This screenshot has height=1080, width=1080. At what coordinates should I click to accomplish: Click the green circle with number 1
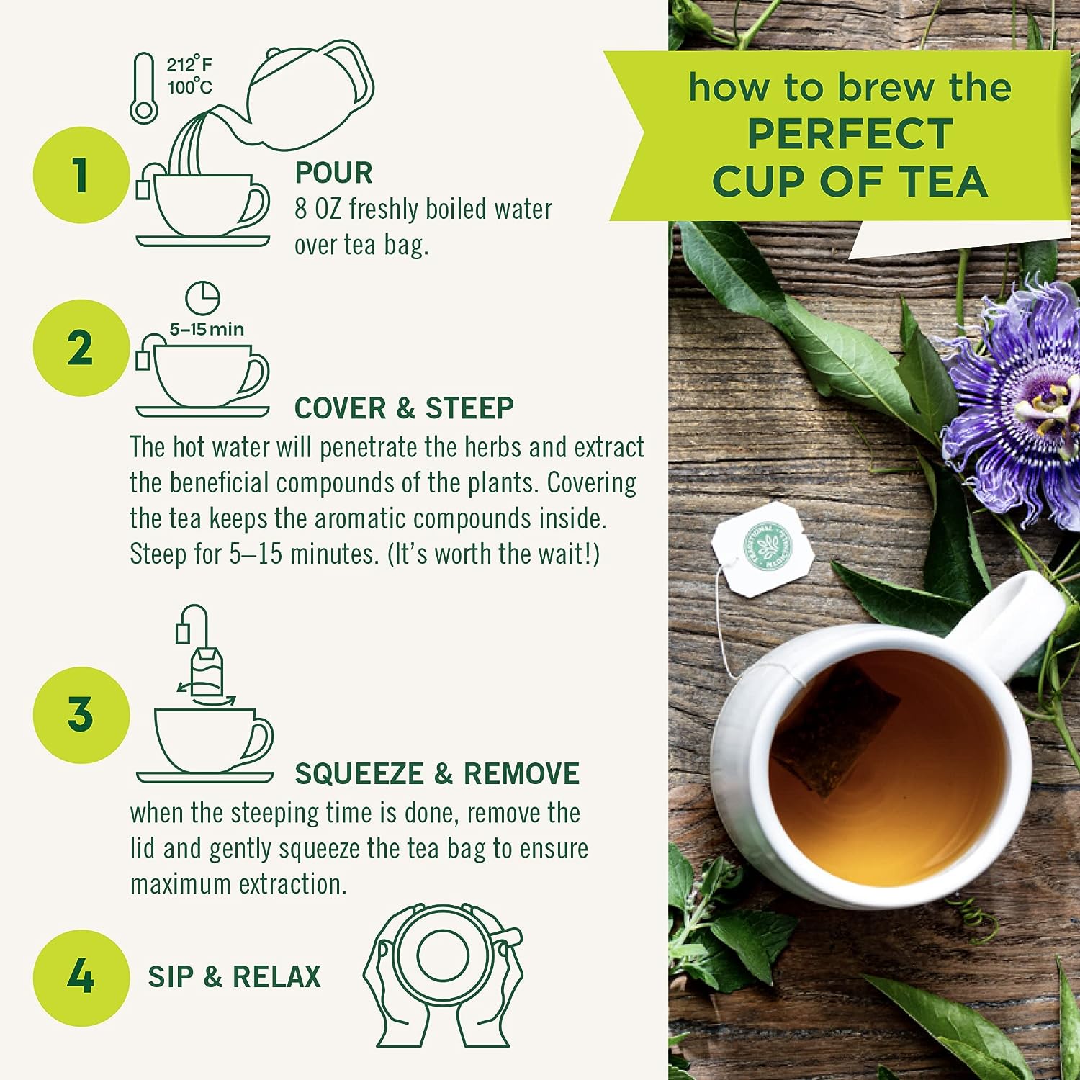point(81,175)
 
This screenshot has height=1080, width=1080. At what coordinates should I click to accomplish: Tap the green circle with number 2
point(81,348)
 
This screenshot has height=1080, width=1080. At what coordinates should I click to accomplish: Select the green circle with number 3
point(81,714)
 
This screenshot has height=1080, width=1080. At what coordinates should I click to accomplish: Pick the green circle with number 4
point(81,977)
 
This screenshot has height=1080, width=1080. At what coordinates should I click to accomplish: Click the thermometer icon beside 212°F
point(144,88)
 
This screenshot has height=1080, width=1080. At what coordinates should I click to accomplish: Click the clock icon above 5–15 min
point(202,297)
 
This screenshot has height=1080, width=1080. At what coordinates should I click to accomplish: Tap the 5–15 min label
point(207,330)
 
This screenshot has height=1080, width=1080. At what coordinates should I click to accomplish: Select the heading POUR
point(333,174)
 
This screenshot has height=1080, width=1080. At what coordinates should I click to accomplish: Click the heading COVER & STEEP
point(404,408)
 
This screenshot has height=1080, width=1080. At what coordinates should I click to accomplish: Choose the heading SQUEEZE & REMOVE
point(436,774)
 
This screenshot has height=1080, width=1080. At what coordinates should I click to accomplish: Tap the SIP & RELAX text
point(234,977)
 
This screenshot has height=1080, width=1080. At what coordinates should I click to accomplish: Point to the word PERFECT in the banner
point(850,134)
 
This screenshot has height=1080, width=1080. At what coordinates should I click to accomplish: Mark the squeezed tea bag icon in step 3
point(206,671)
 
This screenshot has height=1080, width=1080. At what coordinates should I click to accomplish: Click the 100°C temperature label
point(189,88)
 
